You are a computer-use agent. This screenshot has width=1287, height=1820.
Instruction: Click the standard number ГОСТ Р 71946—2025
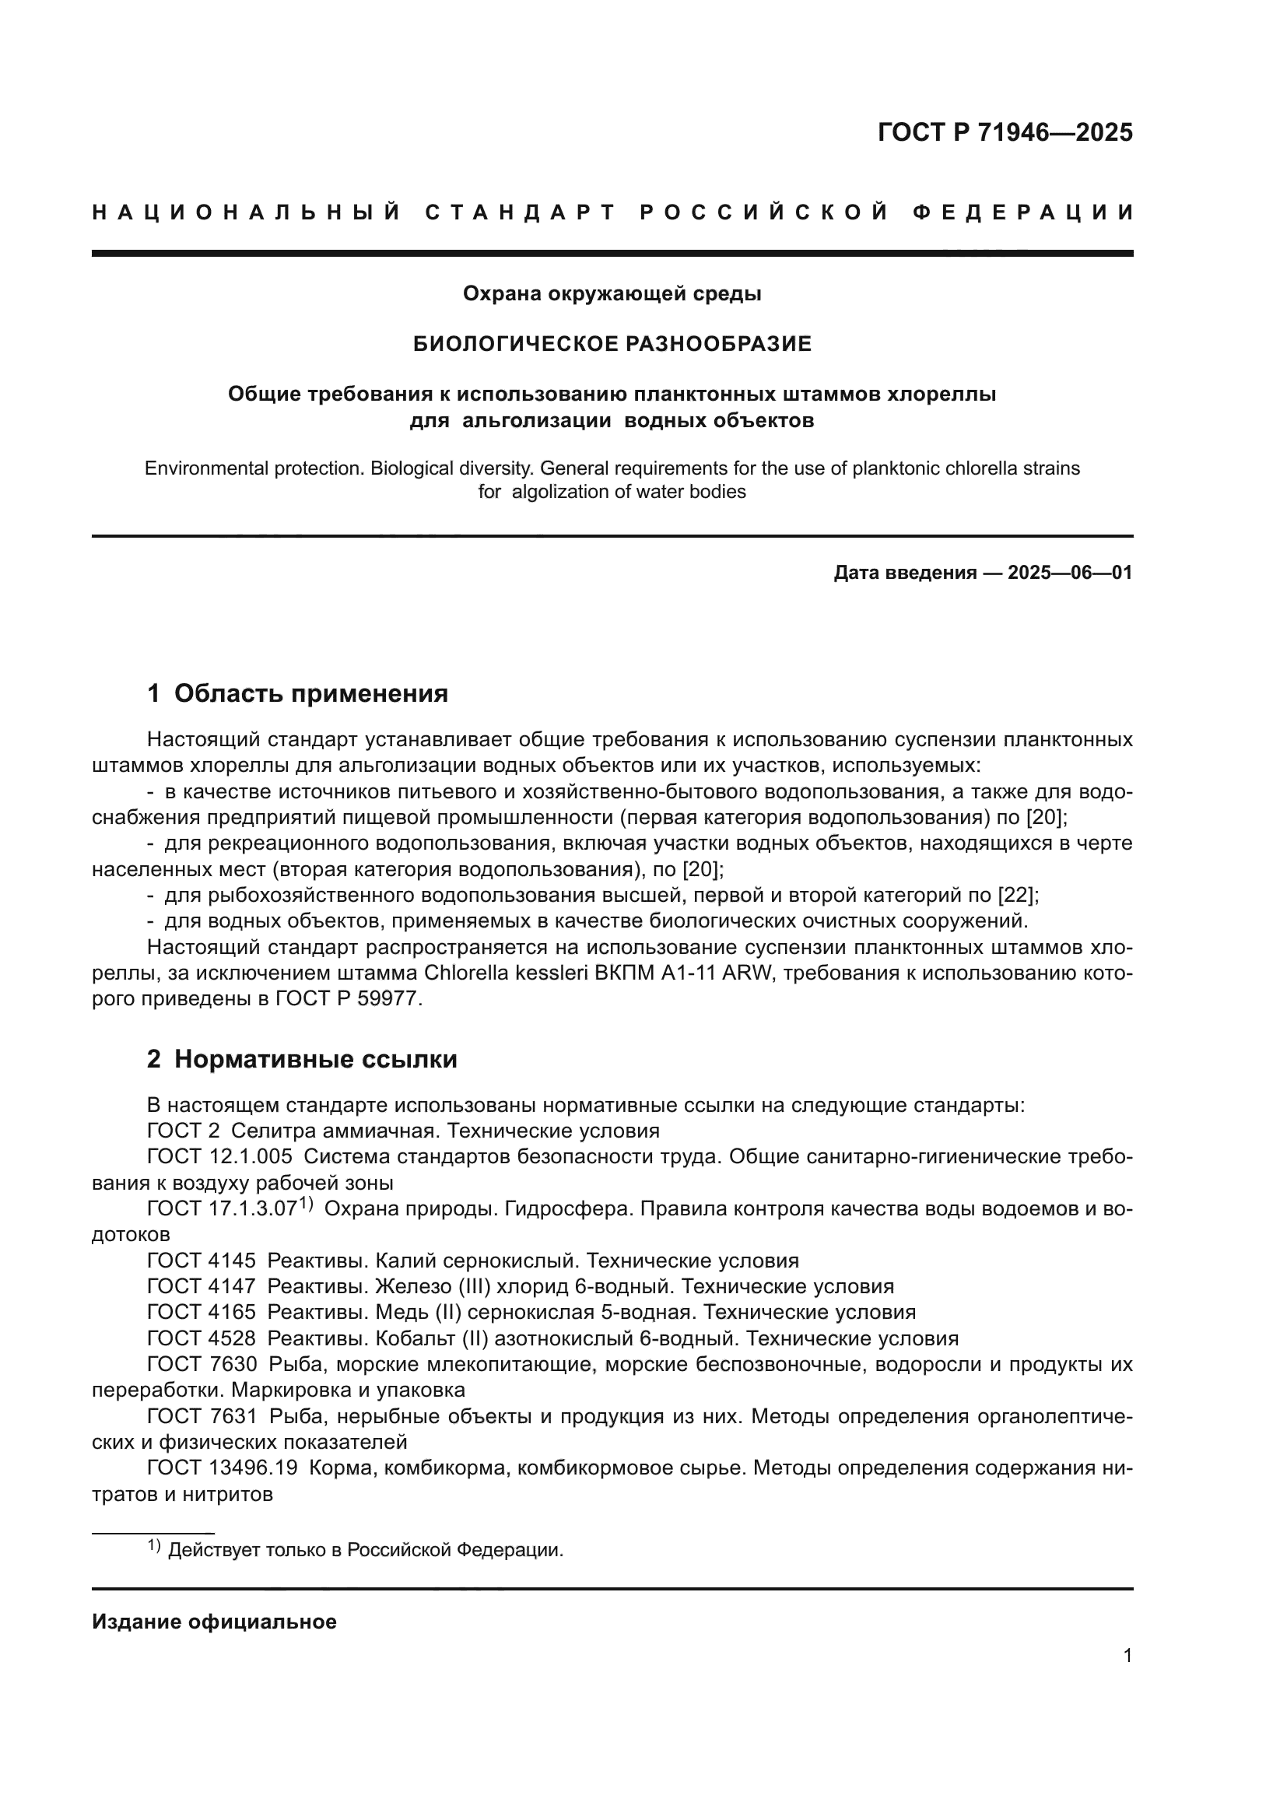coord(1005,132)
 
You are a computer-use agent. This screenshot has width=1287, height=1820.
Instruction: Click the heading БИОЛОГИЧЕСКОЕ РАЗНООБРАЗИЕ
coord(612,344)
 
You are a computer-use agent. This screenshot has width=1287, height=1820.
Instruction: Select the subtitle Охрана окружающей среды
coord(612,294)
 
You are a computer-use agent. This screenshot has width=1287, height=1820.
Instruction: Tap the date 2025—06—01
coord(1070,573)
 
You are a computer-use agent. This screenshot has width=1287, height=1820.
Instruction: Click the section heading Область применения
coord(310,693)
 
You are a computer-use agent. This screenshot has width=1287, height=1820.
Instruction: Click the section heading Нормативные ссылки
coord(315,1059)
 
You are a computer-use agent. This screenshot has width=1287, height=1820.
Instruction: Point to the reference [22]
coord(1017,896)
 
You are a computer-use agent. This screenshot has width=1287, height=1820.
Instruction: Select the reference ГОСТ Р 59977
coord(345,1000)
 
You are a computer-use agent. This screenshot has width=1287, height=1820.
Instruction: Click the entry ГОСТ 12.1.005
coord(219,1156)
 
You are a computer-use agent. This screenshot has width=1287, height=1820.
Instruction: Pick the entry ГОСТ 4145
coord(202,1261)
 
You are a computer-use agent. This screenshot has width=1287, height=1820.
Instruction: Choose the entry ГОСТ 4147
coord(202,1286)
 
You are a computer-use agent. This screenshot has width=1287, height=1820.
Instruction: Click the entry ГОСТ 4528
coord(202,1339)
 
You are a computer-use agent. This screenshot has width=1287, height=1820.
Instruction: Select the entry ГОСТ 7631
coord(202,1416)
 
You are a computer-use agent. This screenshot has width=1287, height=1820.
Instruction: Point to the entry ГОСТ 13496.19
coord(223,1468)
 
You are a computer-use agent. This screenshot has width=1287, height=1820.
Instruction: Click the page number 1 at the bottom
coord(1127,1656)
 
